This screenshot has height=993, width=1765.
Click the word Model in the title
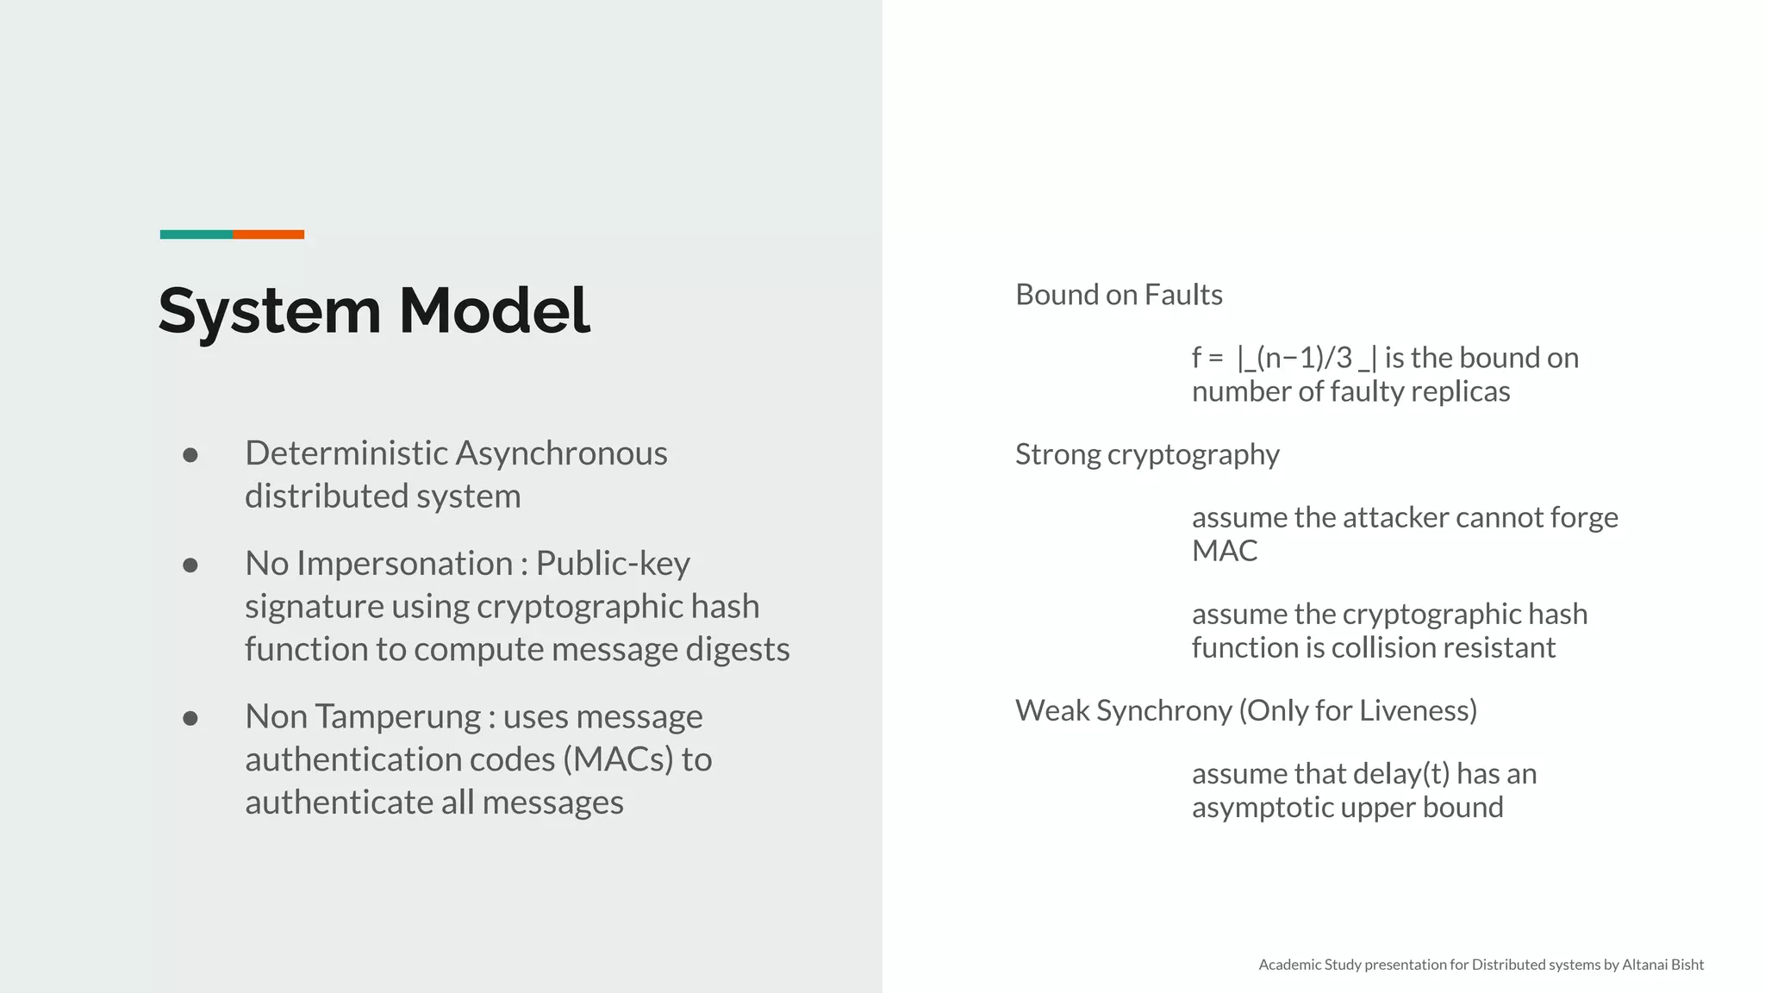[494, 310]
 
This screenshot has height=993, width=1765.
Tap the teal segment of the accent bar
[196, 234]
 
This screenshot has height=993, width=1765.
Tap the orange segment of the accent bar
[268, 234]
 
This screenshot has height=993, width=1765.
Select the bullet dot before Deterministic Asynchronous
[190, 455]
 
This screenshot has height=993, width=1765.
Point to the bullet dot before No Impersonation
[190, 565]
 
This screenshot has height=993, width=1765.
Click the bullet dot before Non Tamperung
[190, 718]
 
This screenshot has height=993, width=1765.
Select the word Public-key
[613, 564]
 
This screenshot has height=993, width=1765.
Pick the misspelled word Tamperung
[397, 717]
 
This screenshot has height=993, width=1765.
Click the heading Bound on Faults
[1119, 295]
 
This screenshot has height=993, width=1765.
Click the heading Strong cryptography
[1147, 454]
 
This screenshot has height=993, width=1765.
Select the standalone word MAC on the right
[1225, 551]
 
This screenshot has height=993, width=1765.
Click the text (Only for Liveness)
[1358, 711]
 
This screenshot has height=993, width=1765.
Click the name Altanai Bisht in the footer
[1662, 965]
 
